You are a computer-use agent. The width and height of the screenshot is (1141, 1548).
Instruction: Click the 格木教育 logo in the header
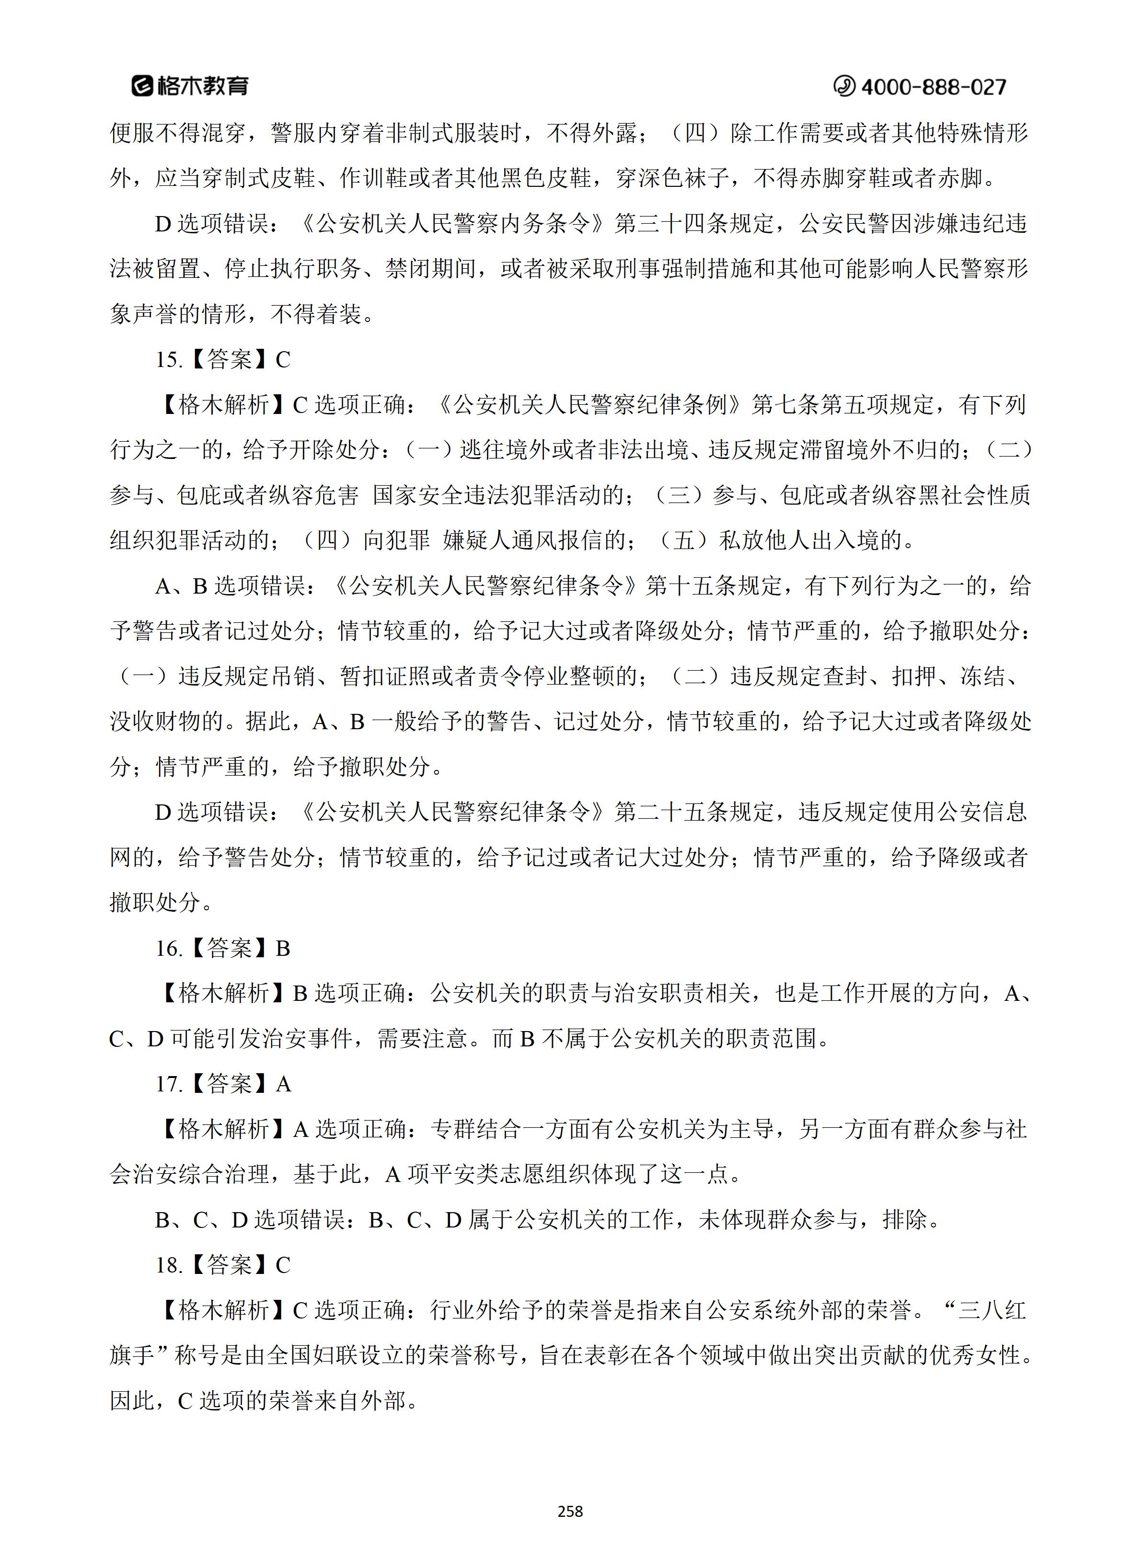190,86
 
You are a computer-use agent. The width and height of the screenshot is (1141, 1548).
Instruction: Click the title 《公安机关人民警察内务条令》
454,224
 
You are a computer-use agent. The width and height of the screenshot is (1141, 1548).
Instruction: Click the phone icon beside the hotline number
843,86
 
